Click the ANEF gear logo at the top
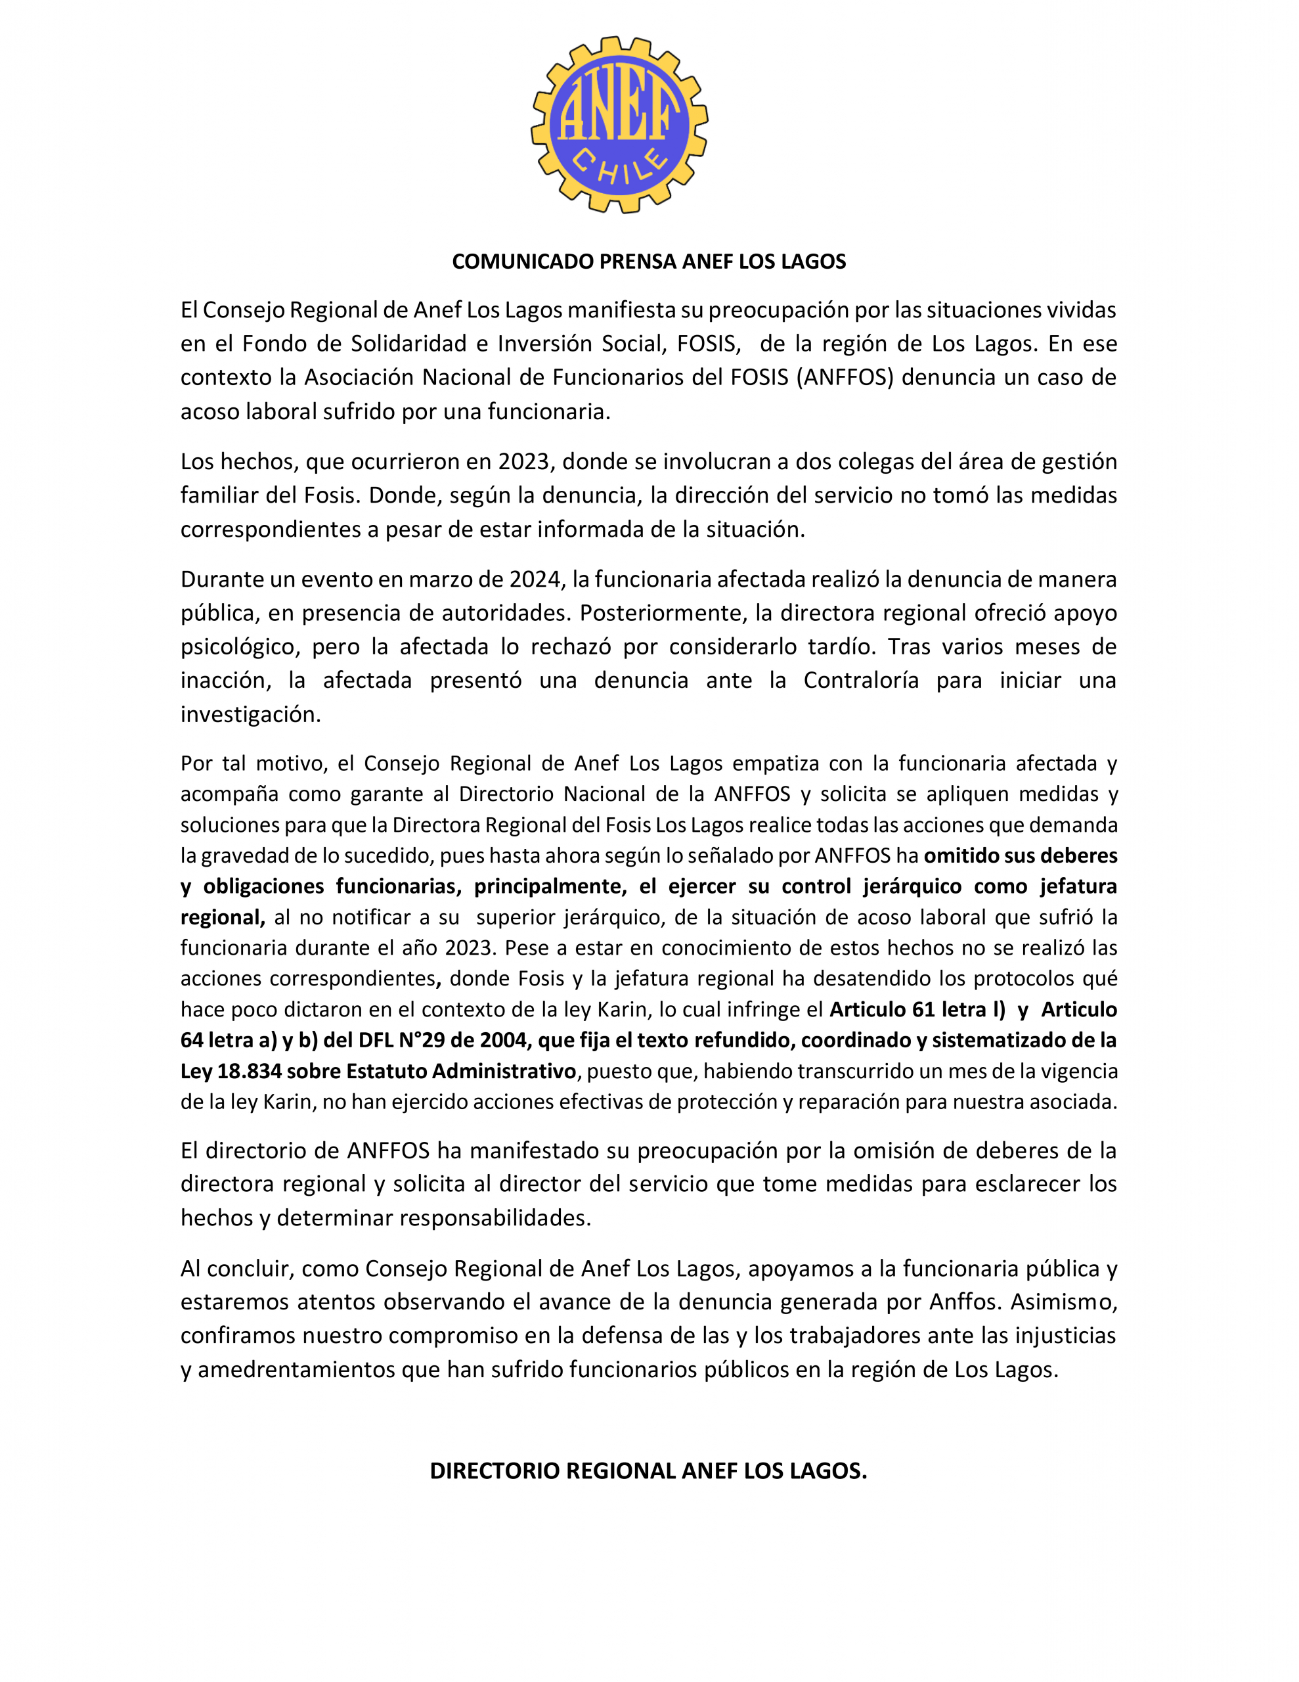(619, 125)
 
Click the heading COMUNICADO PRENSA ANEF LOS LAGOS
(648, 262)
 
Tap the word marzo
(442, 579)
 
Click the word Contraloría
(861, 680)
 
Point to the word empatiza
(776, 763)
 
